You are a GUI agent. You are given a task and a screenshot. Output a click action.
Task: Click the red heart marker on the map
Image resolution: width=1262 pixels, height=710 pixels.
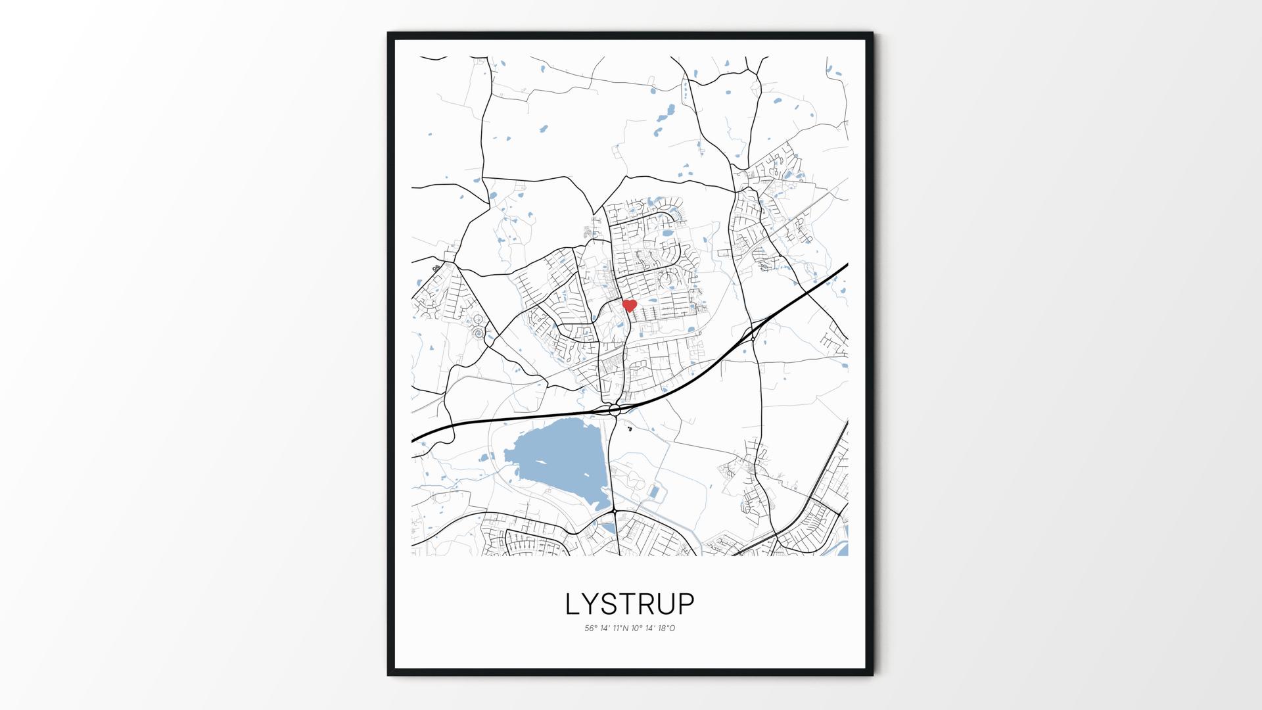[630, 305]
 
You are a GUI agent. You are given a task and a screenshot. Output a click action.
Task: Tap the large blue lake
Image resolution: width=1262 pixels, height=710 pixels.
[555, 460]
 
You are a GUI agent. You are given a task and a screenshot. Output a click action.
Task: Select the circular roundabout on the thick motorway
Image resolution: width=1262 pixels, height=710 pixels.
[615, 410]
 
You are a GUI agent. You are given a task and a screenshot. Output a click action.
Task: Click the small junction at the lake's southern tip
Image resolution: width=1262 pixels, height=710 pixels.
[613, 511]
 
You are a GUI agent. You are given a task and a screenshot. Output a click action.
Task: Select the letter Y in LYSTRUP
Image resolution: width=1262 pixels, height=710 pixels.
[592, 603]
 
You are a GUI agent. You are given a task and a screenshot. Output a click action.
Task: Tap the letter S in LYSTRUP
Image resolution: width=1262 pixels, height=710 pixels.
[612, 603]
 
